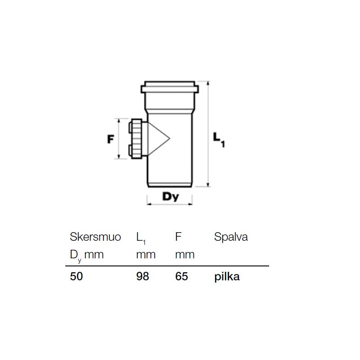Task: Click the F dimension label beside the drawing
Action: click(x=110, y=139)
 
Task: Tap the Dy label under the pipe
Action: click(x=170, y=196)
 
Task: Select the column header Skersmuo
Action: click(x=95, y=237)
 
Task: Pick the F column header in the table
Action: click(x=178, y=237)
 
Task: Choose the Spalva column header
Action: click(x=231, y=237)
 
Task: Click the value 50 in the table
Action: click(x=76, y=277)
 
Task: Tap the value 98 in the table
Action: click(x=142, y=277)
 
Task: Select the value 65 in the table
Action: click(x=182, y=277)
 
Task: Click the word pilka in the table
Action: click(x=227, y=277)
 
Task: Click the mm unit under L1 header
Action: click(x=145, y=255)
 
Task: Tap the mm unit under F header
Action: click(x=184, y=255)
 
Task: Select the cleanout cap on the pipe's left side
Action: click(x=136, y=139)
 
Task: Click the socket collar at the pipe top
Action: click(x=169, y=88)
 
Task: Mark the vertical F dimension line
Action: click(x=119, y=139)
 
